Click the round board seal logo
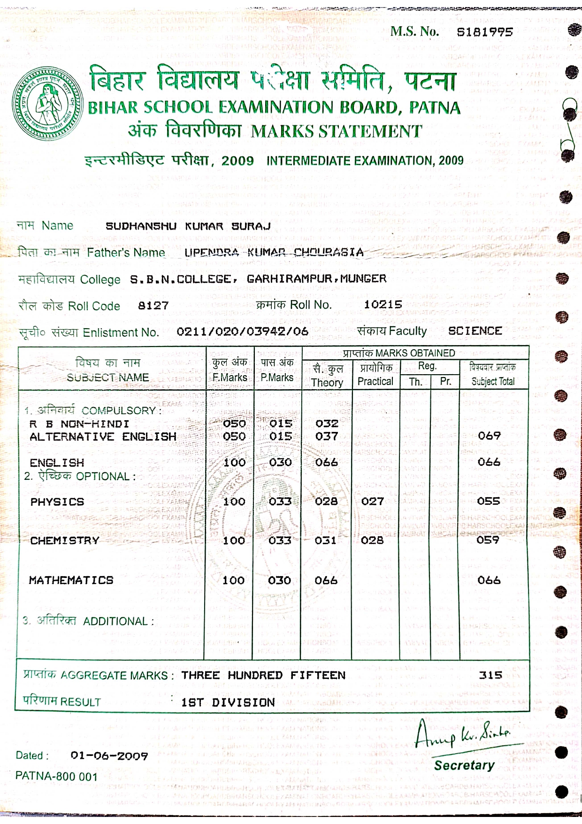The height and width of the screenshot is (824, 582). point(48,104)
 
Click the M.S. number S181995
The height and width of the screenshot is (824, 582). point(485,32)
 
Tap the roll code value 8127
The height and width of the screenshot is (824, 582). point(153,306)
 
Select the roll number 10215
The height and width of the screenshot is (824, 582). point(383,305)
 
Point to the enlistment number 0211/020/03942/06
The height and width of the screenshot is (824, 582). point(242,331)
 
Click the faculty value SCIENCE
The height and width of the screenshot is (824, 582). point(475,331)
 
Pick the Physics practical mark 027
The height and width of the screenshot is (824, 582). point(373,501)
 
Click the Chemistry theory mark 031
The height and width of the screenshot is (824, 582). point(326,540)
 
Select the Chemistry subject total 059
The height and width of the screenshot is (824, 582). point(488,540)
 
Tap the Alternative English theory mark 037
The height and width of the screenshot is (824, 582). point(327,436)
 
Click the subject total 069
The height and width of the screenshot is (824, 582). point(490,436)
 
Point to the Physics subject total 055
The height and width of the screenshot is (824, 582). point(489,501)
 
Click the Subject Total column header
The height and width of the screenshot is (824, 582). point(493,375)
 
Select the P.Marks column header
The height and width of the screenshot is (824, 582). point(277,370)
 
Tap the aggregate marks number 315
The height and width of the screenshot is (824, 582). point(490,675)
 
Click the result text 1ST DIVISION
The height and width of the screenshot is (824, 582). point(228,702)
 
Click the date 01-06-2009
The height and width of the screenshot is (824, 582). point(109,756)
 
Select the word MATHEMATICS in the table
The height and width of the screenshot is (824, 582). point(71,580)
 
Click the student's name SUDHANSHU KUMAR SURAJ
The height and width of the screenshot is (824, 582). point(188,226)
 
